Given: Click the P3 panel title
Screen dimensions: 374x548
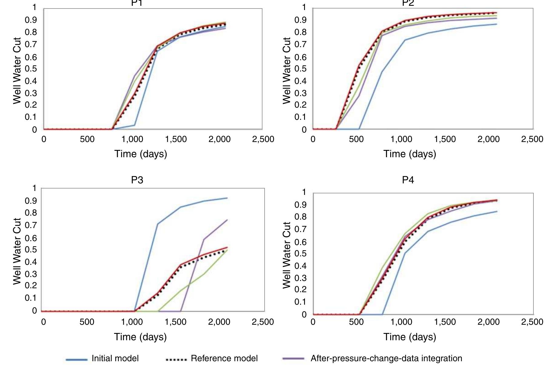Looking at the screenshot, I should pos(137,180).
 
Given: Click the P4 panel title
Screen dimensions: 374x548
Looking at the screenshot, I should pos(408,180).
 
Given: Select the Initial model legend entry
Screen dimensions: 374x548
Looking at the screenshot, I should pos(115,358).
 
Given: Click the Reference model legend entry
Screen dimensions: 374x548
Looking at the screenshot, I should pos(224,358).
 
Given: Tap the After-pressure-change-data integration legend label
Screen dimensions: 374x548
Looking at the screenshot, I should pos(386,358).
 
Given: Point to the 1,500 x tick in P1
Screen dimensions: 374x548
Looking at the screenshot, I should pos(176,140).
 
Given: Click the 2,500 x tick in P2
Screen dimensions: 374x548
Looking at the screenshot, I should pos(532,140).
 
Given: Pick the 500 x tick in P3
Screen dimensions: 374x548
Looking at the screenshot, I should pos(87,322).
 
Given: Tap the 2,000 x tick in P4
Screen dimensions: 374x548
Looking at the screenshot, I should pos(488,322).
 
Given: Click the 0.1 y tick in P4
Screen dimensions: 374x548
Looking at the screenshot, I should pos(300,302).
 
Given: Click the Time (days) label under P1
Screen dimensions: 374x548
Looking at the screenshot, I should pos(140,154).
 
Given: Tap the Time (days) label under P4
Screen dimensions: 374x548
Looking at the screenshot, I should pos(410,337).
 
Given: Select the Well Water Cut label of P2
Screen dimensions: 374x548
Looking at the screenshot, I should pos(286,71).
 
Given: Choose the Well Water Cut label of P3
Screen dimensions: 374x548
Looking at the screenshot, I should pos(17,251).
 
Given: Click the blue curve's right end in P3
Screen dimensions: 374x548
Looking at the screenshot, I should pos(227,198).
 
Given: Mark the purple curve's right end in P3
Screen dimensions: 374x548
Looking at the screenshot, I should pos(227,220).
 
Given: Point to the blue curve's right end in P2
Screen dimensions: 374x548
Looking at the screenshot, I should pos(497,24).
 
